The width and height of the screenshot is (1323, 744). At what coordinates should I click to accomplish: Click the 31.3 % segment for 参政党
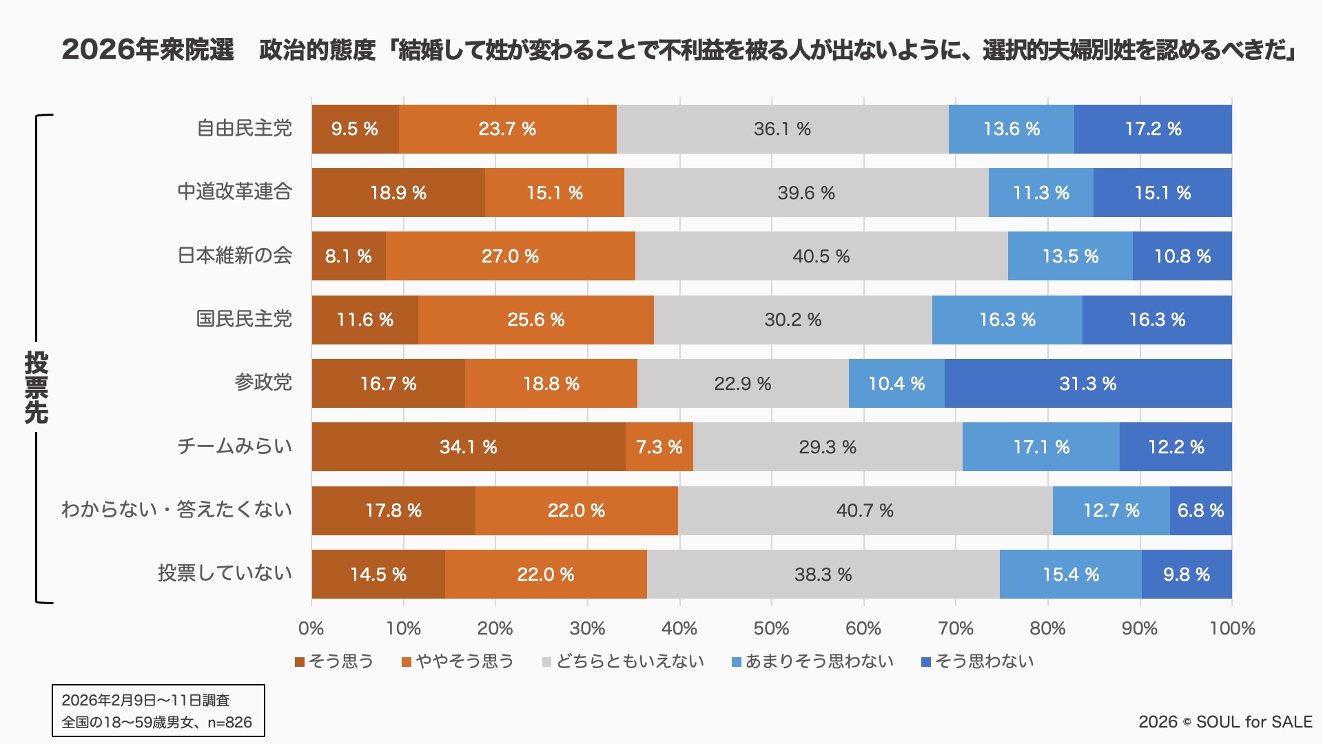(1087, 384)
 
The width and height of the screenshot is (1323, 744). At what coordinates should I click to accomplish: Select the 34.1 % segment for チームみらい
(469, 447)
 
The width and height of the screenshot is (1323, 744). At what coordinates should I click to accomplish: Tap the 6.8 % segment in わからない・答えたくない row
(1200, 510)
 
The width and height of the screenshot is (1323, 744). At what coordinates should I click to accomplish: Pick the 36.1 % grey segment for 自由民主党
(782, 129)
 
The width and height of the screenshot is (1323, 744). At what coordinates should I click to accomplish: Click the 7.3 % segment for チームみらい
(659, 447)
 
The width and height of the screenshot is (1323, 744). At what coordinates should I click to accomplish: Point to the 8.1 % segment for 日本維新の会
(349, 256)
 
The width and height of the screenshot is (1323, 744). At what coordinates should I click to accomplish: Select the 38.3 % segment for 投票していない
(823, 575)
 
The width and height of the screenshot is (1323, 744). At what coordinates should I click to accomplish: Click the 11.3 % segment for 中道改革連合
(1040, 193)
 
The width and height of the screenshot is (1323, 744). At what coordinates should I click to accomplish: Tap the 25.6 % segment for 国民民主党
(536, 320)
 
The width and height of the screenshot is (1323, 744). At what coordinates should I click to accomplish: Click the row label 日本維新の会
(235, 256)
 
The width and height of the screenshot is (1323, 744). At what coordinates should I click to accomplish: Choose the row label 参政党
(263, 382)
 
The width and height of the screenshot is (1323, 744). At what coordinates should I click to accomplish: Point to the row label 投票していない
(225, 573)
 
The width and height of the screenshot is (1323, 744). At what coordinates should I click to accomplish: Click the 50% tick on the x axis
(771, 628)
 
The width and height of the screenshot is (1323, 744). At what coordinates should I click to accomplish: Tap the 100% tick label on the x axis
(1232, 628)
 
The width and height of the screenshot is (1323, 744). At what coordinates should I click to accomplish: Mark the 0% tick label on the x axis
(311, 628)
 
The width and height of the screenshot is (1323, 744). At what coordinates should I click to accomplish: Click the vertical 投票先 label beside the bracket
(37, 387)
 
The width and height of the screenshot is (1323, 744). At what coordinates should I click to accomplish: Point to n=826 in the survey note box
(229, 722)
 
